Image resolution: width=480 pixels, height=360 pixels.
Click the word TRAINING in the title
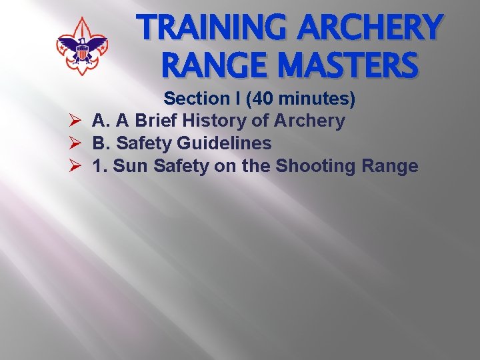[x=204, y=27]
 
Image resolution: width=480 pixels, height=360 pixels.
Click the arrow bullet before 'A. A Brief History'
[x=74, y=121]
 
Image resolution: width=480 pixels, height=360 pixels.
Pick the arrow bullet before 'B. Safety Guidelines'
[x=74, y=143]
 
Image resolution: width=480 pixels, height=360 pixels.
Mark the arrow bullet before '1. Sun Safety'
[x=74, y=166]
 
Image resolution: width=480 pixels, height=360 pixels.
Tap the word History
[x=215, y=121]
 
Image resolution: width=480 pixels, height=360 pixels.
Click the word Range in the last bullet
[x=390, y=165]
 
